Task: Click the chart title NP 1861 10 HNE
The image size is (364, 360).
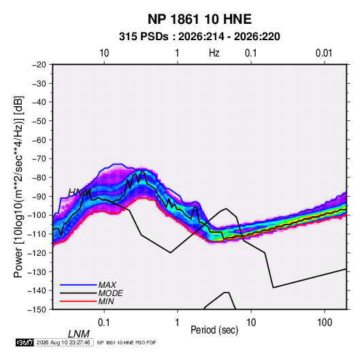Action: [x=199, y=19]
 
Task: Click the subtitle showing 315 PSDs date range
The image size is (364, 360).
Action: [x=199, y=37]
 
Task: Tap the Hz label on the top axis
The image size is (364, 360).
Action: [x=214, y=53]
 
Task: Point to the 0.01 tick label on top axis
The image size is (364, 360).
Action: [x=324, y=53]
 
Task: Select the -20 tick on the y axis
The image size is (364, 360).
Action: [x=39, y=65]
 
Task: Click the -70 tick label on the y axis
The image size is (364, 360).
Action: [x=39, y=159]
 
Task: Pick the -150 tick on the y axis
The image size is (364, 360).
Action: [x=37, y=310]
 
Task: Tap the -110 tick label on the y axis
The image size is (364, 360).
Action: [x=37, y=234]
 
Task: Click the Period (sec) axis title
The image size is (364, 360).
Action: [x=214, y=330]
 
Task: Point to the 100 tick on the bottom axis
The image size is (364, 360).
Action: [x=325, y=323]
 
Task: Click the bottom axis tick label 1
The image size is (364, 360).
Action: [x=178, y=323]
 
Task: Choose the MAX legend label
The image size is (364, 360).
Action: [x=107, y=285]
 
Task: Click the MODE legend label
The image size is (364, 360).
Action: [x=110, y=293]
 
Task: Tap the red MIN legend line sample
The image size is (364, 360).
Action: [x=78, y=301]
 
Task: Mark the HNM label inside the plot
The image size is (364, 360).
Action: [x=80, y=193]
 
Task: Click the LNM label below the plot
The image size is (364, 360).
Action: [x=79, y=334]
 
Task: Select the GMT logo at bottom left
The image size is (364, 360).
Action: [x=25, y=342]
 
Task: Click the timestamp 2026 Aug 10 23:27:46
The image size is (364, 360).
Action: [x=63, y=342]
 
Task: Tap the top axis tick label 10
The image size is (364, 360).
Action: [x=104, y=53]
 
